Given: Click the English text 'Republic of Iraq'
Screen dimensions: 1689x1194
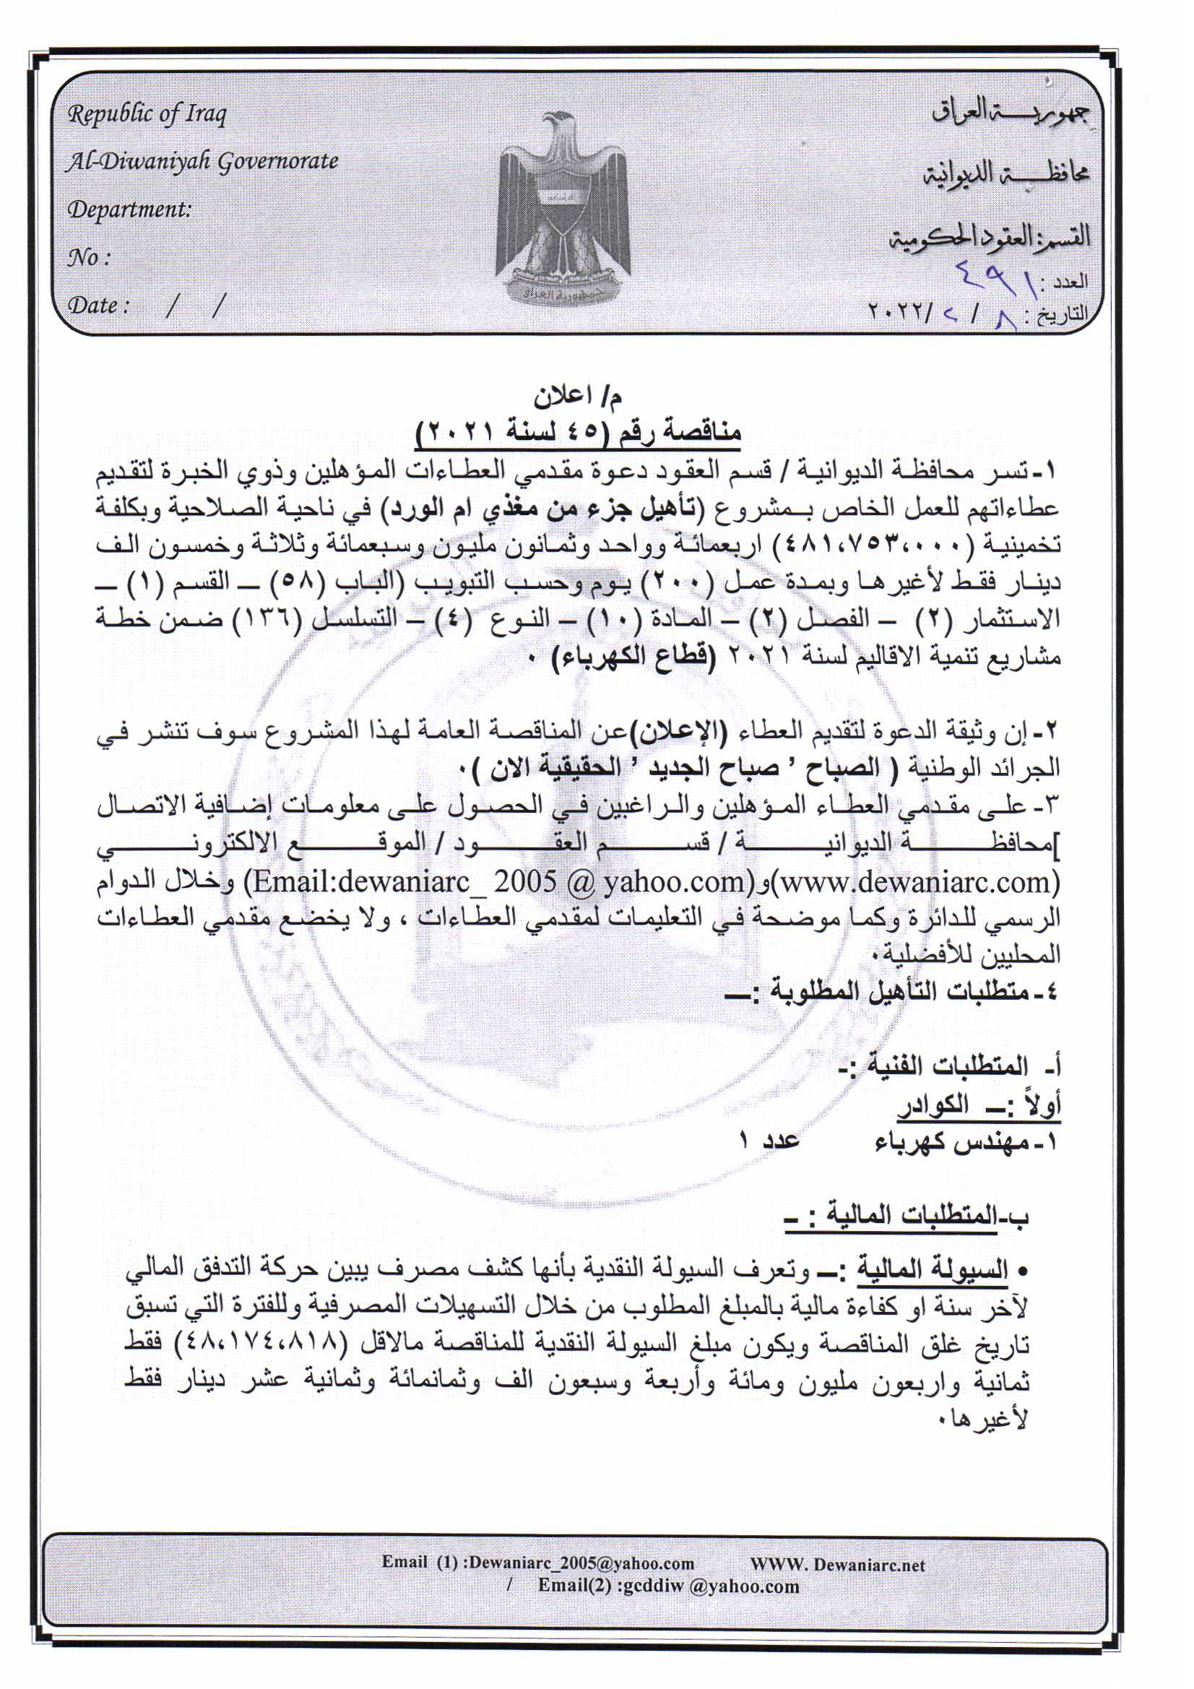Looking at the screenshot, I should [147, 114].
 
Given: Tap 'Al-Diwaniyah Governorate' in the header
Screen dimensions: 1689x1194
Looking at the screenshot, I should [202, 162].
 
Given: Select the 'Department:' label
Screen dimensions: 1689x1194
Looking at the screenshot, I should [129, 209].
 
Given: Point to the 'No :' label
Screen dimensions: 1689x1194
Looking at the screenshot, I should [89, 257].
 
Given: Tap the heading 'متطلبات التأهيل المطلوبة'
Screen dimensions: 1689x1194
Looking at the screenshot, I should [898, 992].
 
